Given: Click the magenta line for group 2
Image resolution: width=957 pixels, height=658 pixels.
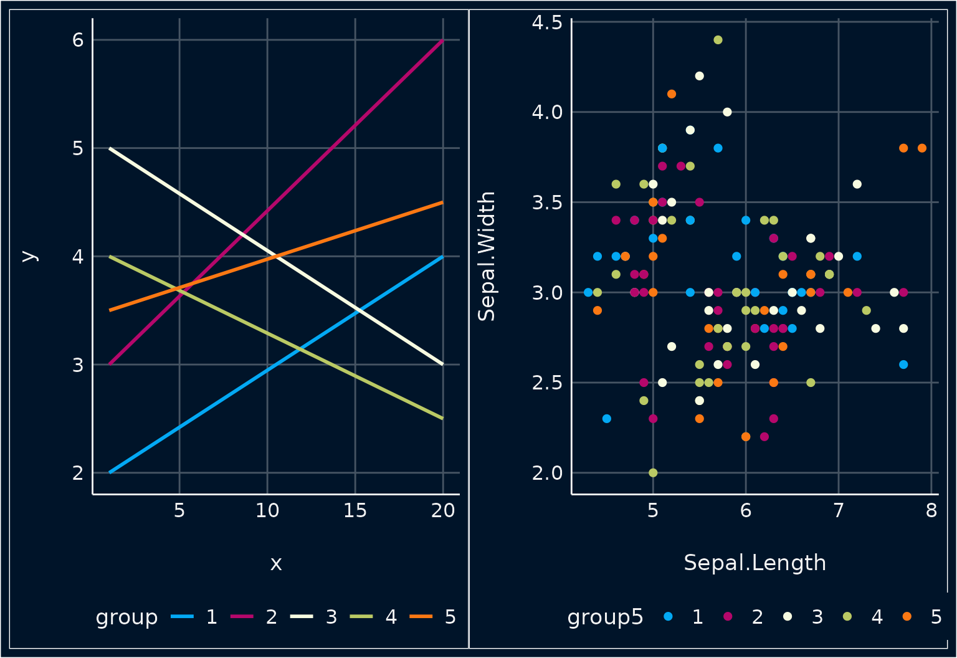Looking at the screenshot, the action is pos(277,202).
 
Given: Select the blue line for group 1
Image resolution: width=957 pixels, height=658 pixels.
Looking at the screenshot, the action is pos(277,365).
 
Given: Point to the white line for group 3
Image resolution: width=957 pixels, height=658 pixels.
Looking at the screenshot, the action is pos(277,256).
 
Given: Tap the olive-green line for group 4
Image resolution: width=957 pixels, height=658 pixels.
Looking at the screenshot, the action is pos(277,338).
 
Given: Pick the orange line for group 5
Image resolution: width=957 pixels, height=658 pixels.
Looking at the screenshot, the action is pos(277,256).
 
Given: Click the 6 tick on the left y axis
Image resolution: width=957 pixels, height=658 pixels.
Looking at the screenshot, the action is pos(78,40).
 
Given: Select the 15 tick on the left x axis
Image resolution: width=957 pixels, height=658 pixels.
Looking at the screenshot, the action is pos(355,511).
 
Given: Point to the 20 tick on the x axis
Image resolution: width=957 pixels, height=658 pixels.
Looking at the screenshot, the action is pos(443,511).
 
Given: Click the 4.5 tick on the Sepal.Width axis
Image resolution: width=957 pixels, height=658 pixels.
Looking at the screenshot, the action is pos(547,22).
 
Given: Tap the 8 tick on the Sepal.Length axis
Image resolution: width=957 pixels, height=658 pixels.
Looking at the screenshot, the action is pos(932,511).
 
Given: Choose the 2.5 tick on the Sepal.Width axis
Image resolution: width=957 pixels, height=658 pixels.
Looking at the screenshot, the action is pos(547,383).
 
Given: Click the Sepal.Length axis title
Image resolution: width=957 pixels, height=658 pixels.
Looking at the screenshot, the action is pos(755,563).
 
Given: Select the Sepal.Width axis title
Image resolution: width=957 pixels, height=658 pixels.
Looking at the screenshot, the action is pos(486,256).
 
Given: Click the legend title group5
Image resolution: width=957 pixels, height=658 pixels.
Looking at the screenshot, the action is pos(605,617).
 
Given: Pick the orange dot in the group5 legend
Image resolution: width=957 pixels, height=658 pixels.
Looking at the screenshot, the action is pos(907,616).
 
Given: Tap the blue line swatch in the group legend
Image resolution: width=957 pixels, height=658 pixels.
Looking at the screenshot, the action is pos(182,616).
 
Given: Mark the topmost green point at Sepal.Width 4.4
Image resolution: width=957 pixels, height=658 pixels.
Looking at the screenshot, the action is pos(718,40).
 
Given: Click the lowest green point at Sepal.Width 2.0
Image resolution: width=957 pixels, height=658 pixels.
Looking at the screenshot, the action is pos(653,473).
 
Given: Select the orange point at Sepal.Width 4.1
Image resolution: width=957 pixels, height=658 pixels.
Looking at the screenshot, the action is pos(672,94).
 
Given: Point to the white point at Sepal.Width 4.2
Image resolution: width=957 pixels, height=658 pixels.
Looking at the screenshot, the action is pos(700,76).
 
